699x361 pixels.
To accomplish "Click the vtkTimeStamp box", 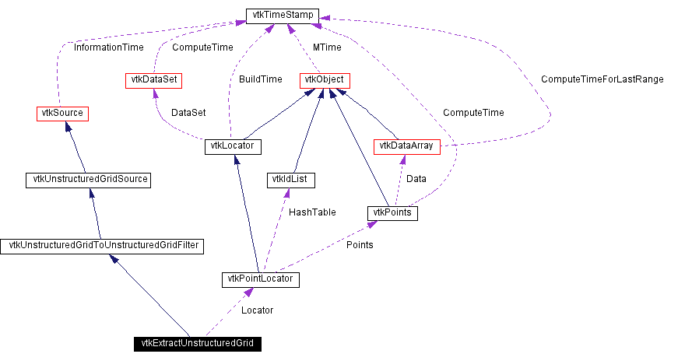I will click(x=281, y=16).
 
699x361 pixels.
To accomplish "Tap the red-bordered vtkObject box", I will click(x=324, y=79).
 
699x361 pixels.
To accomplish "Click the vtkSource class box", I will click(x=61, y=114).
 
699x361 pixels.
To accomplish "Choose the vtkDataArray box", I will click(x=407, y=146).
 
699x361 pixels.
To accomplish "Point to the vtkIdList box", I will click(x=289, y=180).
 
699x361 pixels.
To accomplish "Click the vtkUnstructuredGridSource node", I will click(x=87, y=180).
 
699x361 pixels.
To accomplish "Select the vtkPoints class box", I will click(x=392, y=212).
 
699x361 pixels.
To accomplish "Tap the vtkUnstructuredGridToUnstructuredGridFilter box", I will click(x=102, y=246).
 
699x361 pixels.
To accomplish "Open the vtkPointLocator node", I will click(x=261, y=279).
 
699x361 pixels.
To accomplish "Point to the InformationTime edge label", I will click(x=108, y=47).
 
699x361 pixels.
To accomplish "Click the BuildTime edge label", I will click(x=261, y=79).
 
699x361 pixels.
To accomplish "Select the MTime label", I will click(x=328, y=47).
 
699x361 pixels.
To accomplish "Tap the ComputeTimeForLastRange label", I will click(x=602, y=79).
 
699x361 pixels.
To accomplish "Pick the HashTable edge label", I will click(x=312, y=212).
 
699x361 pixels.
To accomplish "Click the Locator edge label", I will click(x=257, y=310).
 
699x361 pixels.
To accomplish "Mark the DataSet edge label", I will click(x=188, y=113).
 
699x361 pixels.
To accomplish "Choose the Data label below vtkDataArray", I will click(x=416, y=179).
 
